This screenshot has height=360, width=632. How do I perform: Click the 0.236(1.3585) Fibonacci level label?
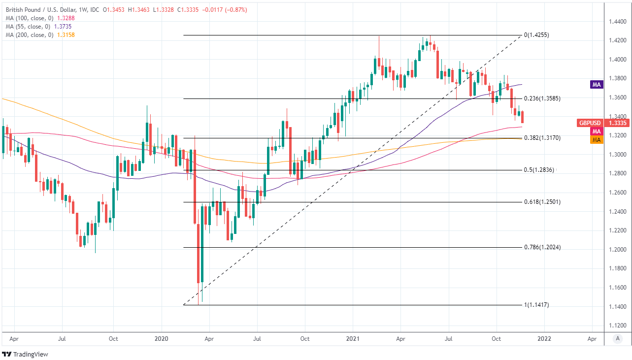click(542, 98)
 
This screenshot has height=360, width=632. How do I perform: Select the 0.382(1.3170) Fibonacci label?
click(542, 138)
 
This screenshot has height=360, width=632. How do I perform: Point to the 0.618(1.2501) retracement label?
click(542, 202)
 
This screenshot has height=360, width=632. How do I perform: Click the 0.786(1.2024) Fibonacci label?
click(542, 247)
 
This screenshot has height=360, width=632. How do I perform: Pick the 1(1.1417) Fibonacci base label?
click(536, 305)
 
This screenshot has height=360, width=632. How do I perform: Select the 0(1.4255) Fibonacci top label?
click(536, 35)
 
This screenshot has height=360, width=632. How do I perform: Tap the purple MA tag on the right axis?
click(597, 85)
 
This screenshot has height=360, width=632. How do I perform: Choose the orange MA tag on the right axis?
click(597, 140)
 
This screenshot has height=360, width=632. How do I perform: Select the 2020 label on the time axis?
click(161, 339)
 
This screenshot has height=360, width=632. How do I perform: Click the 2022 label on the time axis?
click(544, 339)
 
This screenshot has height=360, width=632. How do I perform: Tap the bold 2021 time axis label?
click(352, 339)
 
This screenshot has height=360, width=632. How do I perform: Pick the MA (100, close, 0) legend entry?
click(39, 18)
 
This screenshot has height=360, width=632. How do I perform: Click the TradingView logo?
click(25, 354)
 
